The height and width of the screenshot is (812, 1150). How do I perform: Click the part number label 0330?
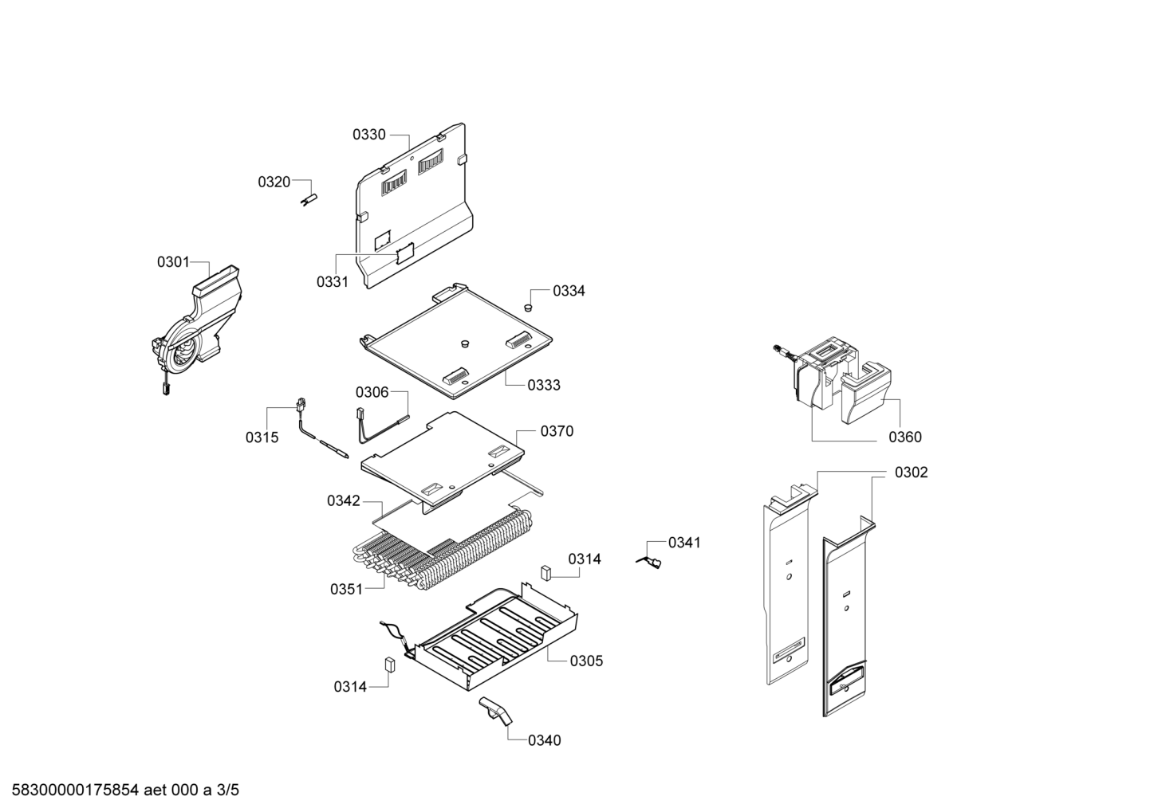coord(368,135)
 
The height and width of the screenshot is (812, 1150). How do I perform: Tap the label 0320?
coord(274,182)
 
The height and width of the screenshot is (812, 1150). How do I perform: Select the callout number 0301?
coord(174,262)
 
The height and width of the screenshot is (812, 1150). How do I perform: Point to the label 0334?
coord(569,291)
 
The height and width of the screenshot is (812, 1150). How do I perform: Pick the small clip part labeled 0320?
coord(309,199)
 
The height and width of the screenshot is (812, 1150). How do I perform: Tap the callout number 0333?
coord(544,385)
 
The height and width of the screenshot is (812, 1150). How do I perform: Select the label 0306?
coord(372,392)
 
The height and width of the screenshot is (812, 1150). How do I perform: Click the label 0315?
coord(262,437)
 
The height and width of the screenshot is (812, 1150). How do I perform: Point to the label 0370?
coord(557,431)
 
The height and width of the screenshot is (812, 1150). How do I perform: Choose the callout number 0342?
coord(344,500)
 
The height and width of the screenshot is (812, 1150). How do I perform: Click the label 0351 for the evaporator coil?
coord(347,590)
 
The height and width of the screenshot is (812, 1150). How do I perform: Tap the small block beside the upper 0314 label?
coord(545,572)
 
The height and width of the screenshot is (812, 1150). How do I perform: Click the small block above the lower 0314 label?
coord(390,665)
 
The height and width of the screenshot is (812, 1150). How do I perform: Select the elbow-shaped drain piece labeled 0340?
coord(496,711)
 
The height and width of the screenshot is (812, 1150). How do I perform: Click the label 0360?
coord(905,437)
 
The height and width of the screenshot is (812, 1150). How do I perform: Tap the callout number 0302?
coord(912,473)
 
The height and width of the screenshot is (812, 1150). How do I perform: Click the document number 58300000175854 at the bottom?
coord(76,790)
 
